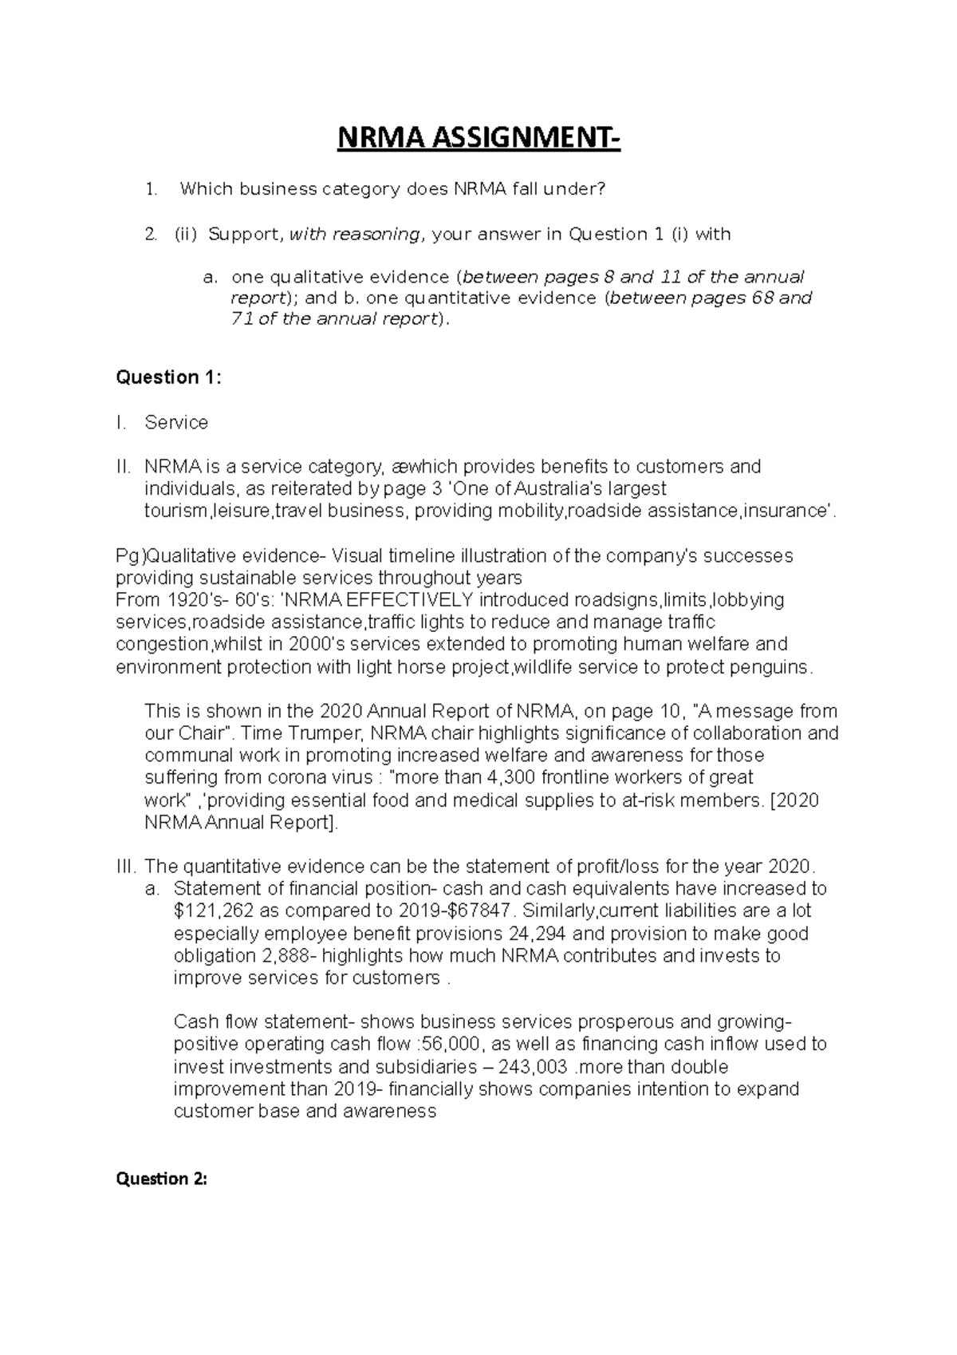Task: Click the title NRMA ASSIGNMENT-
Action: pos(478,140)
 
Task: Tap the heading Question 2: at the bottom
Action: pos(162,1179)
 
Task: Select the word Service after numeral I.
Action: pos(176,422)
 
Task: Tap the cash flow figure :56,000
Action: pos(448,1045)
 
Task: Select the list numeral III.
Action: pos(128,867)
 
